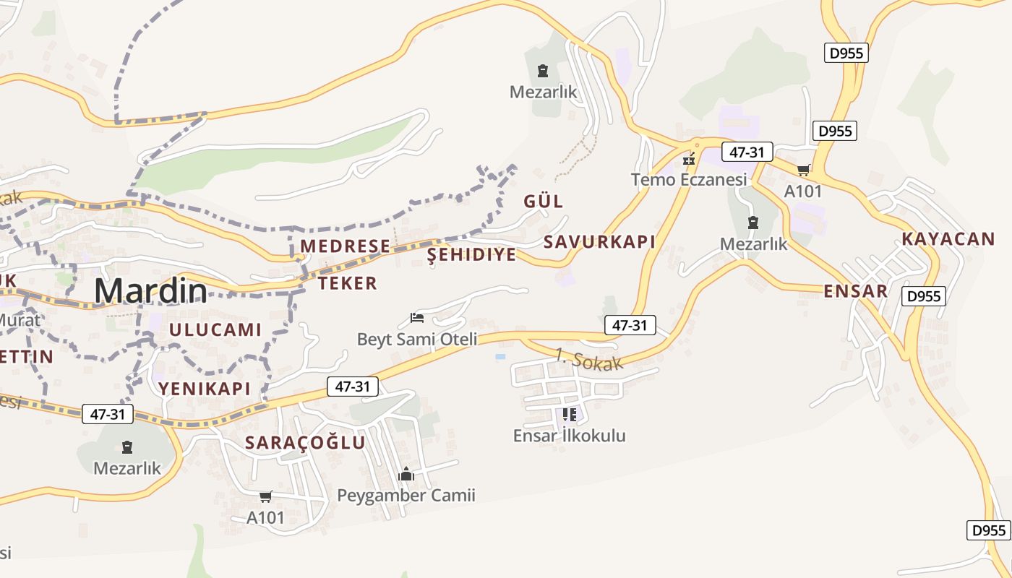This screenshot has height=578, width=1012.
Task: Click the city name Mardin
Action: [x=150, y=290]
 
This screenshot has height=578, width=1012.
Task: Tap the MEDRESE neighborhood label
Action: [x=346, y=246]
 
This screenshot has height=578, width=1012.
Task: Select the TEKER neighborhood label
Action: [x=348, y=283]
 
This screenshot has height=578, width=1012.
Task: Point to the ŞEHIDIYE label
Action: [x=472, y=254]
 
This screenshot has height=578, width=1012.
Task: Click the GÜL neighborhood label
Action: [x=544, y=202]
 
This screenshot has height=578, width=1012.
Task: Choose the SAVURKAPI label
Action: [x=599, y=242]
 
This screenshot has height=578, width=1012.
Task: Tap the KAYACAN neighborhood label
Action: [x=948, y=239]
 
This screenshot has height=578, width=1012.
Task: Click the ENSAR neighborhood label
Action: [x=856, y=291]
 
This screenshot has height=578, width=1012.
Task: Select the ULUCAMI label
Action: [x=215, y=330]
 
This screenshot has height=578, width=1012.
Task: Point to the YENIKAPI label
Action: [x=205, y=389]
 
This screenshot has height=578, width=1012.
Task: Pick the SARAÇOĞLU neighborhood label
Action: [x=306, y=443]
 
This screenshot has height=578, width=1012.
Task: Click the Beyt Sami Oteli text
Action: [x=418, y=339]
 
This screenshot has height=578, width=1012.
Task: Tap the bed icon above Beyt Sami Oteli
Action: [x=417, y=317]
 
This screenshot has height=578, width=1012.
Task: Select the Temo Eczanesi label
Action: [x=689, y=179]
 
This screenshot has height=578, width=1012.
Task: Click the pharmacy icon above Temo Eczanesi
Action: [x=689, y=158]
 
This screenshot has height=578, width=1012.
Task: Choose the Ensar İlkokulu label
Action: [x=570, y=436]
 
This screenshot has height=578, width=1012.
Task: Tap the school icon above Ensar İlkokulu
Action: [x=570, y=415]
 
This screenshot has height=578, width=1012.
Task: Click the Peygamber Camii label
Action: [x=406, y=496]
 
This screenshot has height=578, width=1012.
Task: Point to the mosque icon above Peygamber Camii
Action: [x=406, y=475]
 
